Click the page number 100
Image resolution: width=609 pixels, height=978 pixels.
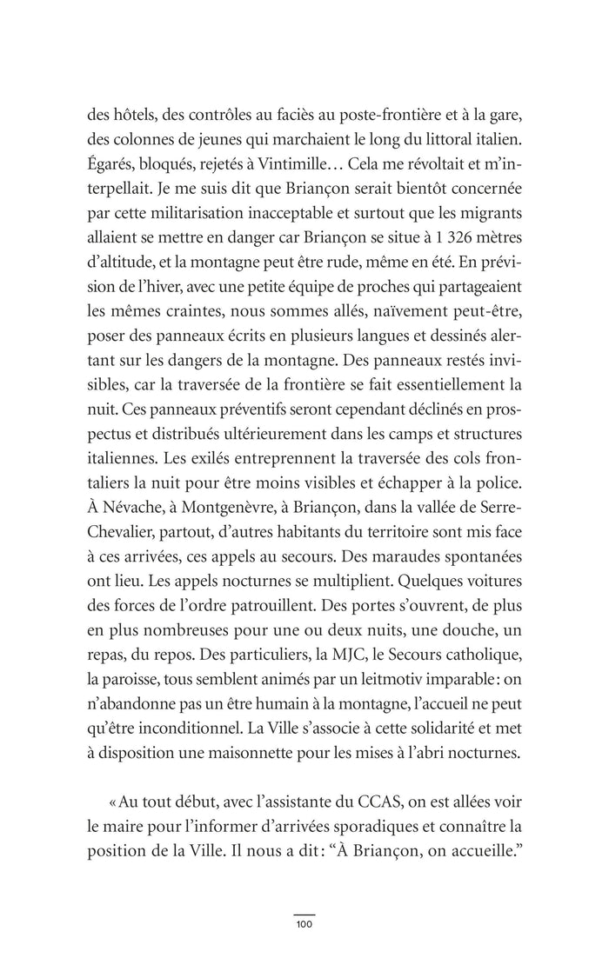coord(304,923)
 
